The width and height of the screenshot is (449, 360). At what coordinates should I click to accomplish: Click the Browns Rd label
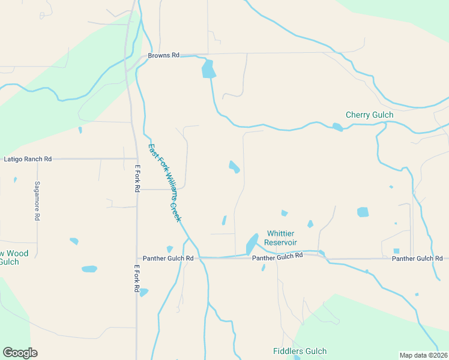coord(163,55)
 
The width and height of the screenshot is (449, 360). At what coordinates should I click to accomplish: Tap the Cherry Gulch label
coord(369,115)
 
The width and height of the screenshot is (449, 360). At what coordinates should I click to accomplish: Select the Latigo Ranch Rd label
coord(28,159)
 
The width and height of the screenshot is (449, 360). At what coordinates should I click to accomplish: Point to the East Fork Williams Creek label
coord(164,182)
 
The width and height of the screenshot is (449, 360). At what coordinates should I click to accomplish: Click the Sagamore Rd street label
coord(37,201)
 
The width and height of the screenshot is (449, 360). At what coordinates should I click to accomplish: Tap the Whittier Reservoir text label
coord(282,238)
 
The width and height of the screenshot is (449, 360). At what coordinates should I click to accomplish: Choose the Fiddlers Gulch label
coord(300,352)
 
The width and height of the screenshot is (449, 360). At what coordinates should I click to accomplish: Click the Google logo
coord(20,353)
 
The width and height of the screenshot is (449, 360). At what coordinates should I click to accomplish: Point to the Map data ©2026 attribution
coord(424,355)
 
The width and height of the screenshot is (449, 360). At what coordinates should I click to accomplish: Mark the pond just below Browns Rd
coord(208,68)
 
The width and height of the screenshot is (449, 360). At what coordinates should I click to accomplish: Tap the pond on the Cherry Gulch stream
coord(337,127)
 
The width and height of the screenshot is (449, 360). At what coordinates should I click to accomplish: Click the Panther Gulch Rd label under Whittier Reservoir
coord(277,256)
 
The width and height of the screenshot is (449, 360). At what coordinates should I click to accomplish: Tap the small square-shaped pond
coord(396,251)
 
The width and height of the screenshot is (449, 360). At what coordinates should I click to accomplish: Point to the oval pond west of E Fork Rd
coord(89,269)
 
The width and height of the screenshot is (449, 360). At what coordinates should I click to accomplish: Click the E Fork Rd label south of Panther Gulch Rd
coord(137,279)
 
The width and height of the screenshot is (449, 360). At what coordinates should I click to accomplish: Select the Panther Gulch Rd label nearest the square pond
coord(417,258)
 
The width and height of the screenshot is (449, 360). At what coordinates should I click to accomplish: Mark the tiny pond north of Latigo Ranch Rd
coord(80,130)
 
